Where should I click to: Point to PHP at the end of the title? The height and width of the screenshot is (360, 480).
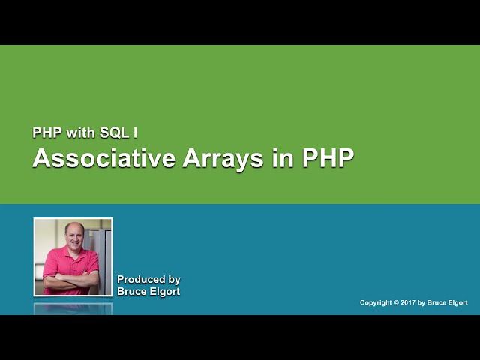tap(327, 159)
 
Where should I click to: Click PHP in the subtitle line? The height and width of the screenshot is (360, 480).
tap(45, 133)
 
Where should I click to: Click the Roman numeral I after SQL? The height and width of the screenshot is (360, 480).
tap(135, 133)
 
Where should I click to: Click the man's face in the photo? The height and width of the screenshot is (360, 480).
tap(73, 235)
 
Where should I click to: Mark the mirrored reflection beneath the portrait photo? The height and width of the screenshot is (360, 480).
tap(73, 307)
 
